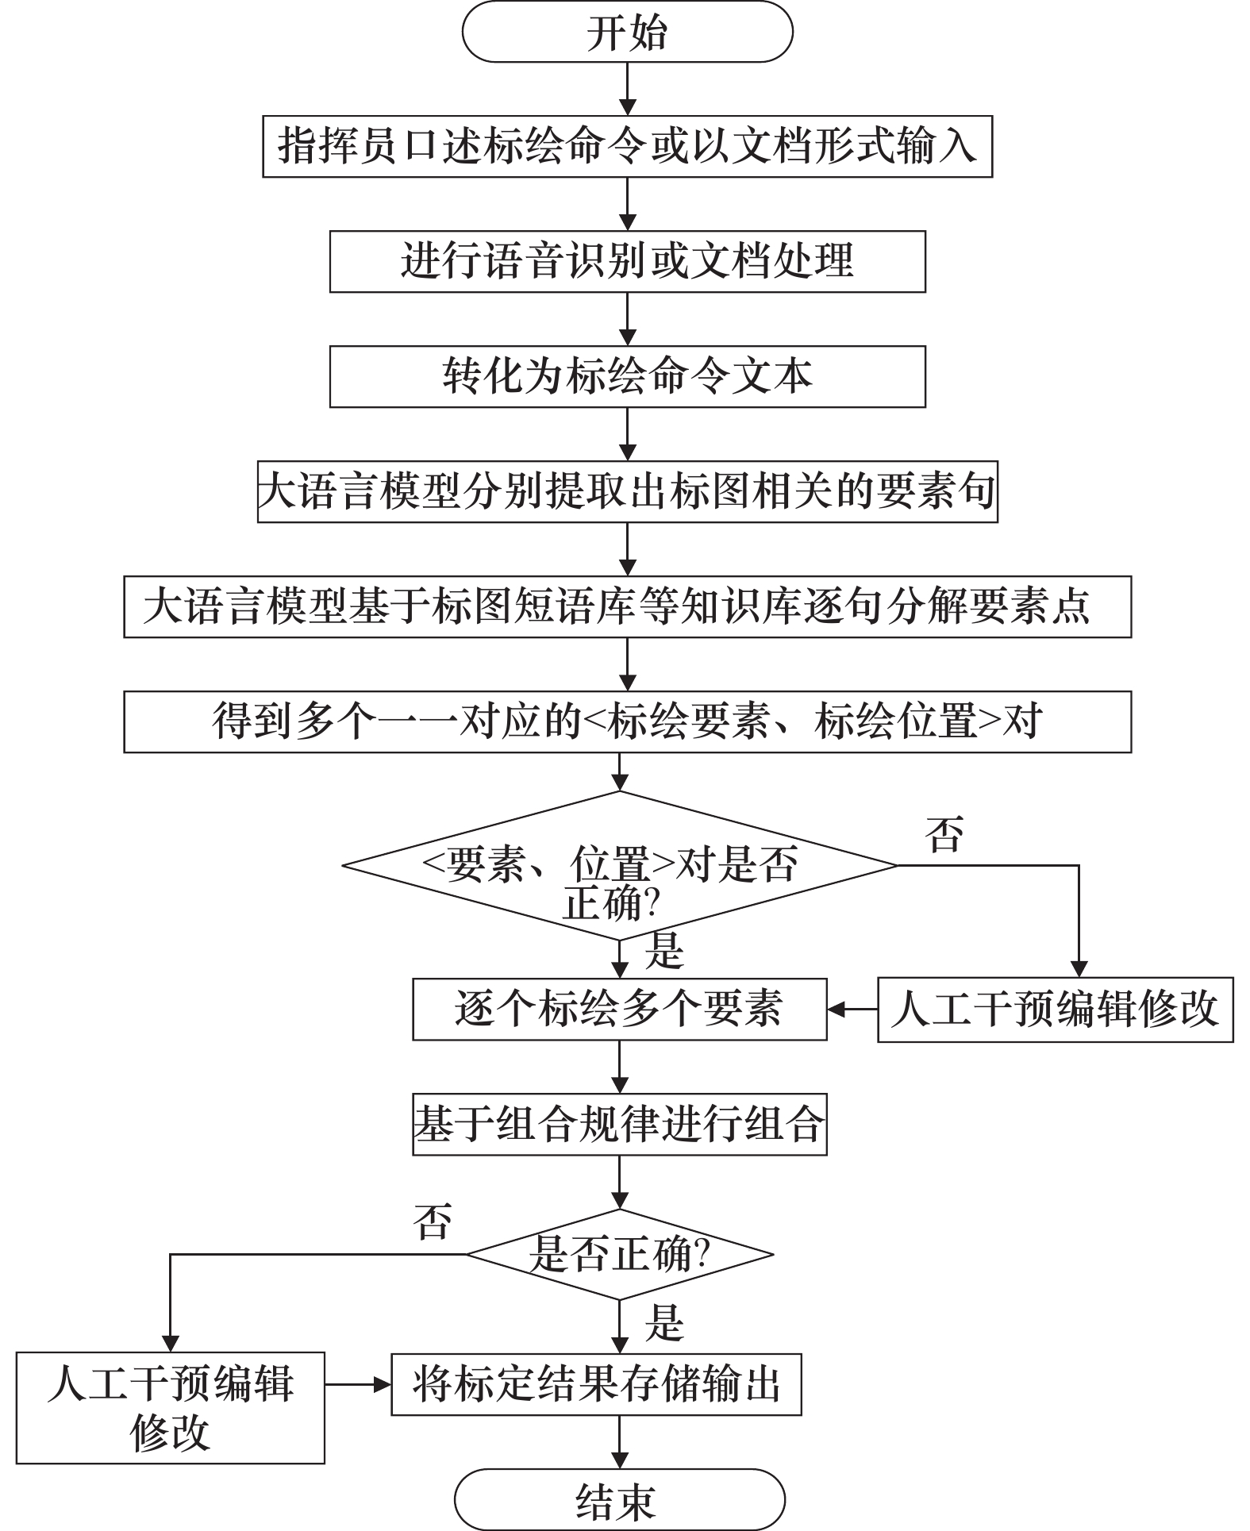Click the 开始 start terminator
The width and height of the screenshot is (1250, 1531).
click(x=627, y=32)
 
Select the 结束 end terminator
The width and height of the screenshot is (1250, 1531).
click(x=619, y=1499)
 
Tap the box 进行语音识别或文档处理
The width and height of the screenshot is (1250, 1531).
click(x=627, y=261)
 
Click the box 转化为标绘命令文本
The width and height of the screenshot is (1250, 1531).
click(x=627, y=376)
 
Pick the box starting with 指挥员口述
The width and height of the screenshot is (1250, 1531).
click(x=627, y=146)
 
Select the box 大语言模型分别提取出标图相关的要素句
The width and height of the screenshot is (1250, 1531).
click(x=627, y=491)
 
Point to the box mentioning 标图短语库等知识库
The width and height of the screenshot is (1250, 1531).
click(x=627, y=606)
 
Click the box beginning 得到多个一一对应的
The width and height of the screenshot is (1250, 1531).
click(x=627, y=721)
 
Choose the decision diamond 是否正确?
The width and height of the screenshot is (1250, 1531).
click(x=619, y=1255)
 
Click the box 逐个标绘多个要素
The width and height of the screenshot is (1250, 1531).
click(x=619, y=1009)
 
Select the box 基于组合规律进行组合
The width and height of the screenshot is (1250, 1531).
click(x=619, y=1125)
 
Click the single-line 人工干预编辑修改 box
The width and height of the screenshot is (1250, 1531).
click(x=1055, y=1009)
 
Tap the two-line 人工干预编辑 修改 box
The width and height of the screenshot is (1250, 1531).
click(x=170, y=1407)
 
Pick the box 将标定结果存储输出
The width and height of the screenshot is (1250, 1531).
click(x=596, y=1384)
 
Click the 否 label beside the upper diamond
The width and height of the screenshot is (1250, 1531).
click(x=944, y=834)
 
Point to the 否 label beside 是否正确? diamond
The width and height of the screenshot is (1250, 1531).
click(x=433, y=1221)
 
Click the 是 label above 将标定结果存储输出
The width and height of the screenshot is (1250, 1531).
click(x=664, y=1322)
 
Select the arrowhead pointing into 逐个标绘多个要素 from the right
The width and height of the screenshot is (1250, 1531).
click(x=836, y=1009)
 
